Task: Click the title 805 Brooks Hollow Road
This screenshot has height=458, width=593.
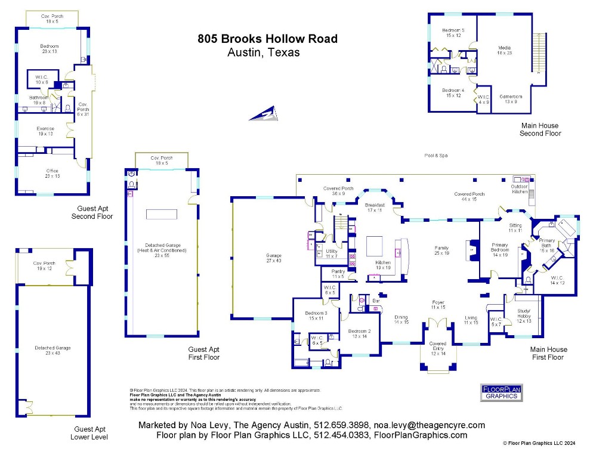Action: point(267,39)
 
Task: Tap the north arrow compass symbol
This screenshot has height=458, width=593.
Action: point(264,113)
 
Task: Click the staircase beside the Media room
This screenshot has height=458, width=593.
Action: point(541,52)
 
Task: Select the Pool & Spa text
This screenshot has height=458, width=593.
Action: point(436,156)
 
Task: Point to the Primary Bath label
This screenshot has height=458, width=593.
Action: point(547,243)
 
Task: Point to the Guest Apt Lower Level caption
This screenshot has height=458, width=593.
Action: point(90,432)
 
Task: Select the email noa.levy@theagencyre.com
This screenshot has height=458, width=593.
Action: point(429,425)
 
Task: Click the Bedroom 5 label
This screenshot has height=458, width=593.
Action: point(453,32)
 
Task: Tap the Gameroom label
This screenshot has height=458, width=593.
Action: point(511,98)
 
